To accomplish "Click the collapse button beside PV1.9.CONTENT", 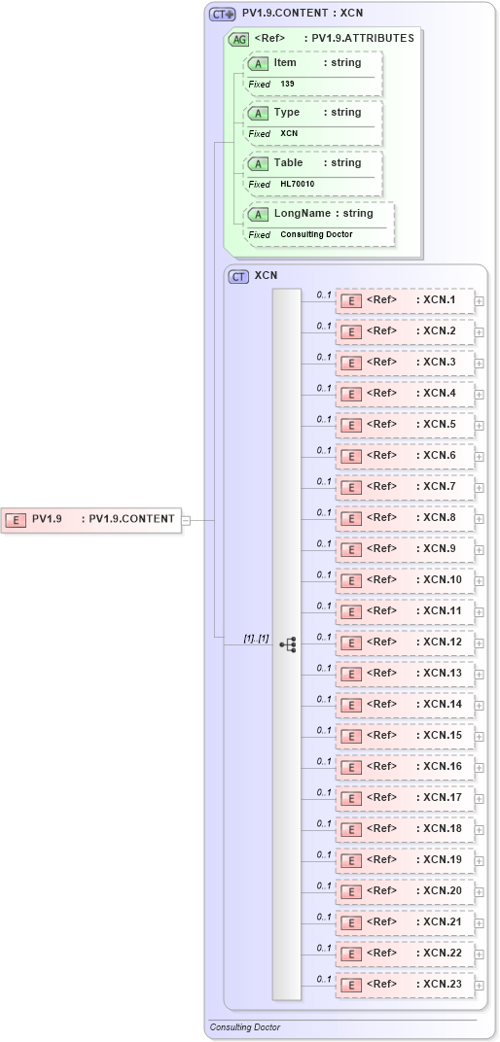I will click(x=185, y=519).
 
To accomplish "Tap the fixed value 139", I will click(x=288, y=85).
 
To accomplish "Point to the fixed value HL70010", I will click(x=297, y=184).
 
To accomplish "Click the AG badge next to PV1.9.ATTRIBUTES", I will click(x=238, y=39).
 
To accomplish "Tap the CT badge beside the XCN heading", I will click(x=238, y=276).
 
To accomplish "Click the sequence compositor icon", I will click(x=287, y=643).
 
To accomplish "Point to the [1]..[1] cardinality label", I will click(x=256, y=639).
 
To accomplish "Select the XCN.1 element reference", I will click(x=405, y=300).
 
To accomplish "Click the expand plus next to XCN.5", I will click(x=479, y=426).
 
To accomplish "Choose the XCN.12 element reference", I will click(x=405, y=643).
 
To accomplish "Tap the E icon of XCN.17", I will click(x=350, y=798).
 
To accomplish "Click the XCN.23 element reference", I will click(x=405, y=985).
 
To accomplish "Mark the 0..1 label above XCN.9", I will click(x=325, y=544).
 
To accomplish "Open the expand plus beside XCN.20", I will click(x=479, y=892).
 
